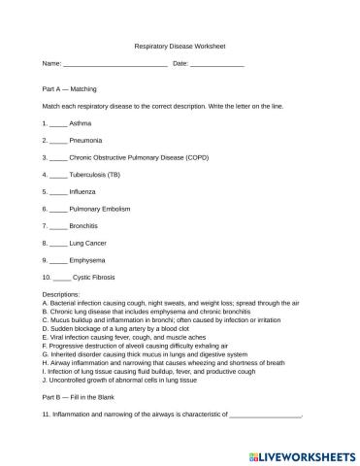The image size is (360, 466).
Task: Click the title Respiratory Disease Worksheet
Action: click(x=180, y=46)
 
